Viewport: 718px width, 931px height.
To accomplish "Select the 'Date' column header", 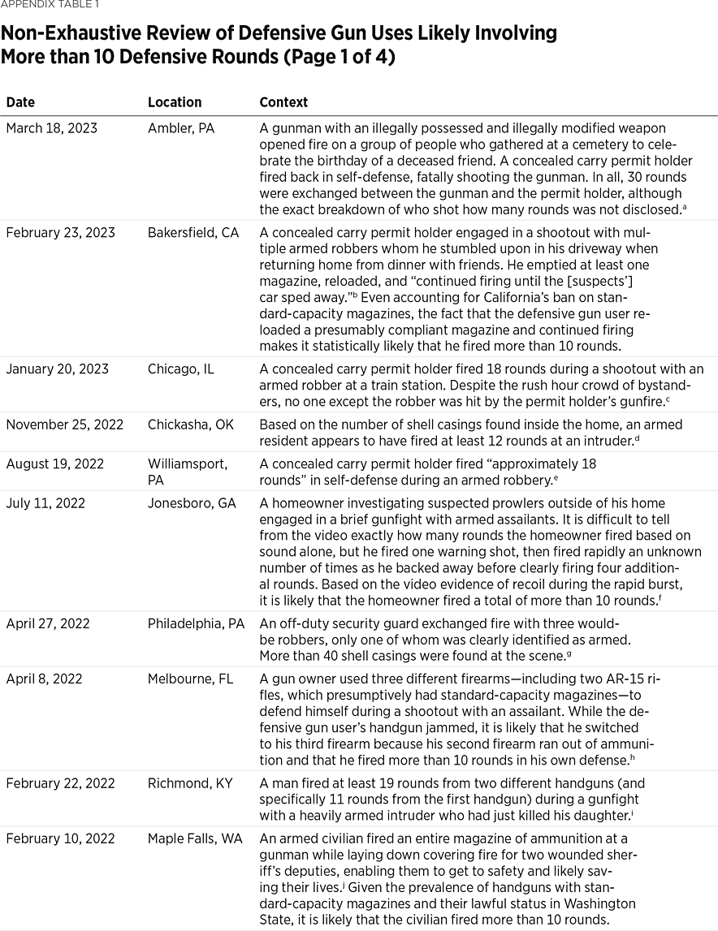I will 20,102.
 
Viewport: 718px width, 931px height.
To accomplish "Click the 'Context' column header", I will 283,102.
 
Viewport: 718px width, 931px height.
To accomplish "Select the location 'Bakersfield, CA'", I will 193,233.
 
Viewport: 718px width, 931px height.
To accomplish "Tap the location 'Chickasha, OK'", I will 188,425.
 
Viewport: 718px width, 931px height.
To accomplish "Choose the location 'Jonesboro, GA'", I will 192,503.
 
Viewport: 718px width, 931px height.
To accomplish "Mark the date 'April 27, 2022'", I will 47,624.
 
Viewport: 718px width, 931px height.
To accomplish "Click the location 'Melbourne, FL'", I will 190,679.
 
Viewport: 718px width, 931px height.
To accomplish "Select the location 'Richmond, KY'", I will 189,783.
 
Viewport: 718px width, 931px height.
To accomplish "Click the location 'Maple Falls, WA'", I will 195,838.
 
